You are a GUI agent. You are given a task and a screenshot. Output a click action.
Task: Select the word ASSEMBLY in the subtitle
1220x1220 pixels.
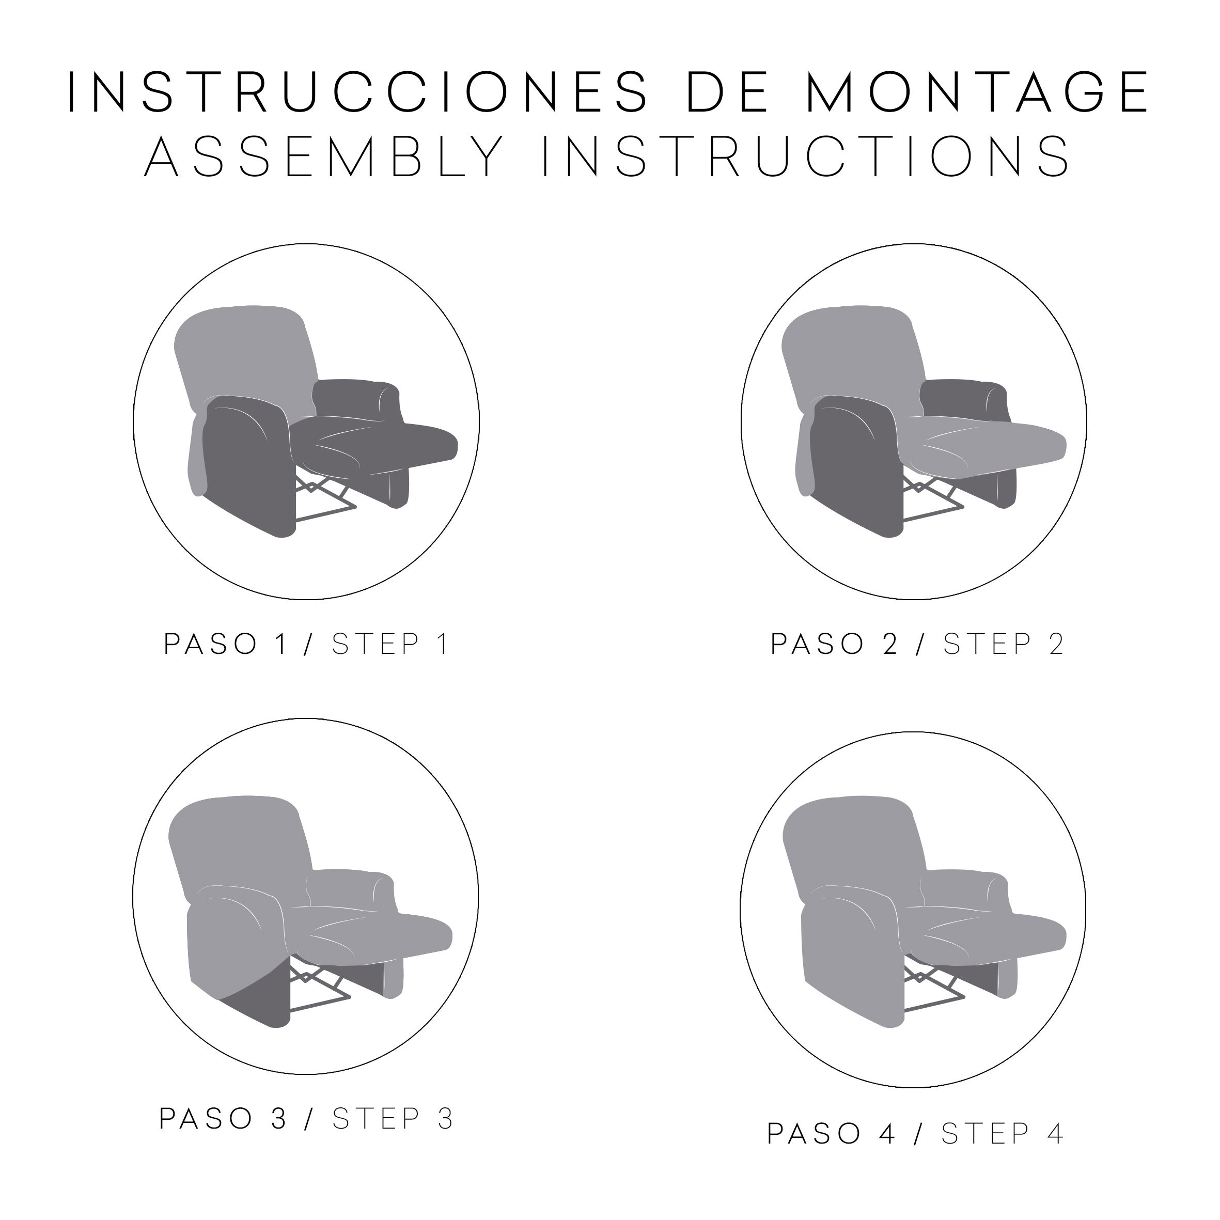coord(324,155)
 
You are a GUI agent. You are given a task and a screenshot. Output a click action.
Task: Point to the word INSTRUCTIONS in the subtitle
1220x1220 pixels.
coord(806,155)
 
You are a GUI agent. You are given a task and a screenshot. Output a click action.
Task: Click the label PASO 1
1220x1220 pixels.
coord(227,644)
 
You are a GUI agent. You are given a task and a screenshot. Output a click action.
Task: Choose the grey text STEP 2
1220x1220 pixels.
coord(1004,644)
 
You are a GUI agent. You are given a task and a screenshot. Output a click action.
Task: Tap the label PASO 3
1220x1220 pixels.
coord(224,1119)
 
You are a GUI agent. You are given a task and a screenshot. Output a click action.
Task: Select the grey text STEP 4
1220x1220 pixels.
coord(1003,1134)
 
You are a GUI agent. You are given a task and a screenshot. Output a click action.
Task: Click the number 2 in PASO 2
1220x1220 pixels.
coord(890,644)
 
